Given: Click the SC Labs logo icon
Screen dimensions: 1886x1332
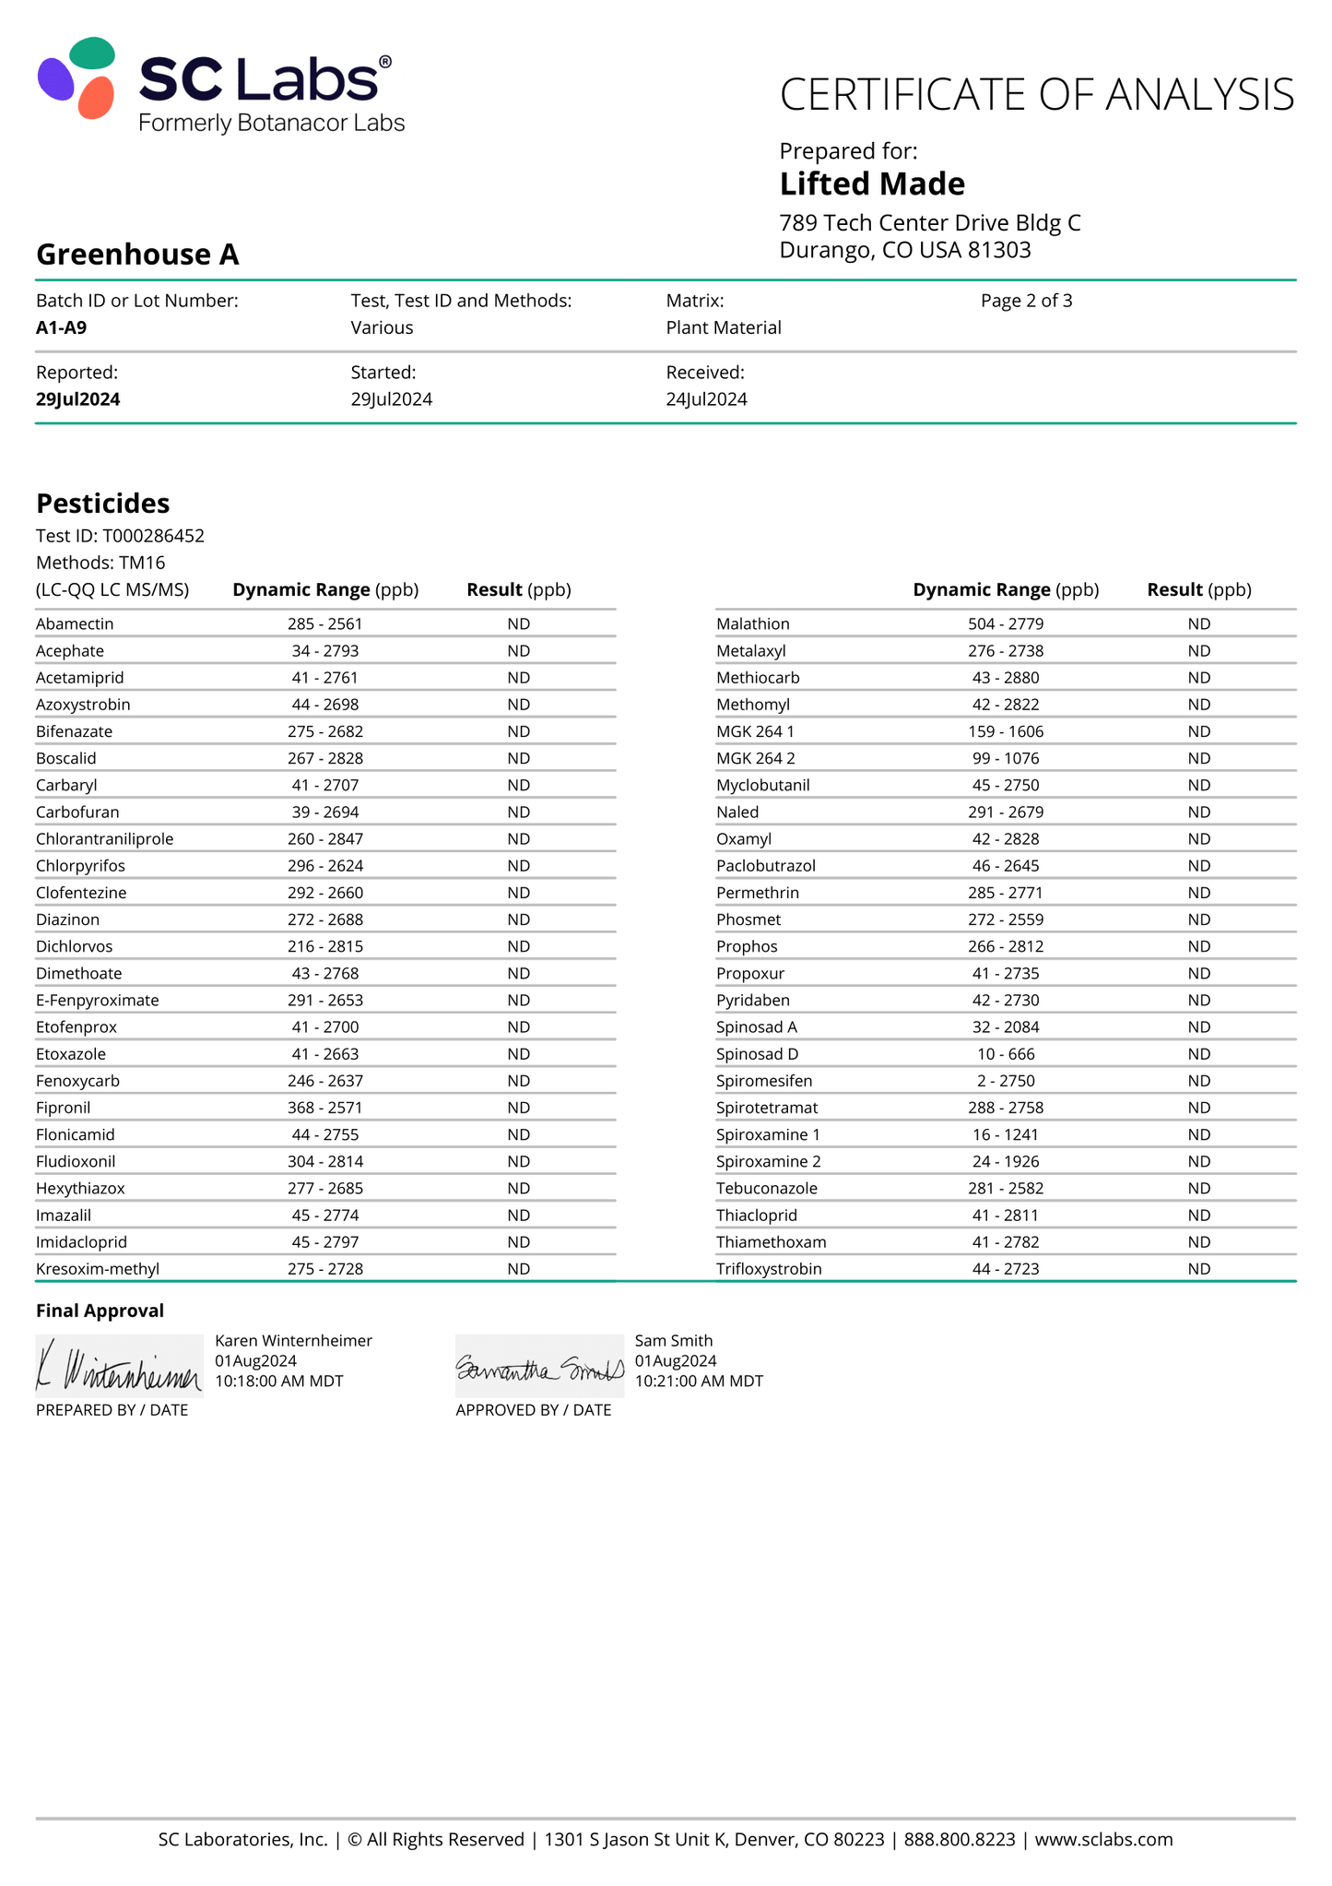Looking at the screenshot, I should coord(77,78).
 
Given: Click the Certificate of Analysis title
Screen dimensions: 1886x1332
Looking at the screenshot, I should coord(1036,95).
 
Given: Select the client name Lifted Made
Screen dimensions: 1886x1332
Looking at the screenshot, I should coord(871,184).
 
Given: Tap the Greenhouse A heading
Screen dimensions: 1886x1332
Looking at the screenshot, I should coord(137,255).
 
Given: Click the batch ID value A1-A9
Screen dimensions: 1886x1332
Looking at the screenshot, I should coord(62,327).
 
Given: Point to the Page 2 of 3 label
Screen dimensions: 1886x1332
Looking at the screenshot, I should coord(1026,301).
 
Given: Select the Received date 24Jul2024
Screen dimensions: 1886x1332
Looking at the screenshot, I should coord(706,399).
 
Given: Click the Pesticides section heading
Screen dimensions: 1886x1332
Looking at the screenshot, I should coord(102,504).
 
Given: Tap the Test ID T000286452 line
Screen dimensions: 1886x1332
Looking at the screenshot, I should coord(120,536).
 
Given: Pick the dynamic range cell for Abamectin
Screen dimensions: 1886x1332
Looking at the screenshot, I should coord(324,624).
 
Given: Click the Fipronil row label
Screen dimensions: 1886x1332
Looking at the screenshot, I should coord(64,1108).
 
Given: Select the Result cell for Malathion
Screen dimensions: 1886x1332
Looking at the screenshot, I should coord(1198,624).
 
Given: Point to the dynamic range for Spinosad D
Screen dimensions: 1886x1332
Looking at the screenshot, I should coord(1005,1054).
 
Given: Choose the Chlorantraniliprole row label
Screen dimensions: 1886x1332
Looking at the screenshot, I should coord(104,839).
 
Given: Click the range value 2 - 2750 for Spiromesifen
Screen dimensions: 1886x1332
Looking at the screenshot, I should coord(1005,1081).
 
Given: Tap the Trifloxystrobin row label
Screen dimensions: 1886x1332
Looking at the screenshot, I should coord(769,1269).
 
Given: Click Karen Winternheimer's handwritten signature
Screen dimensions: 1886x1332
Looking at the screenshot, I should coord(119,1367).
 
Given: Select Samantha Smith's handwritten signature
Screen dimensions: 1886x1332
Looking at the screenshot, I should coord(539,1367).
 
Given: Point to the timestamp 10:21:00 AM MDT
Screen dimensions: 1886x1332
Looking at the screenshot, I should coord(699,1382).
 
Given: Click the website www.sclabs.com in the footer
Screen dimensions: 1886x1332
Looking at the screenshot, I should coord(1103,1839).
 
